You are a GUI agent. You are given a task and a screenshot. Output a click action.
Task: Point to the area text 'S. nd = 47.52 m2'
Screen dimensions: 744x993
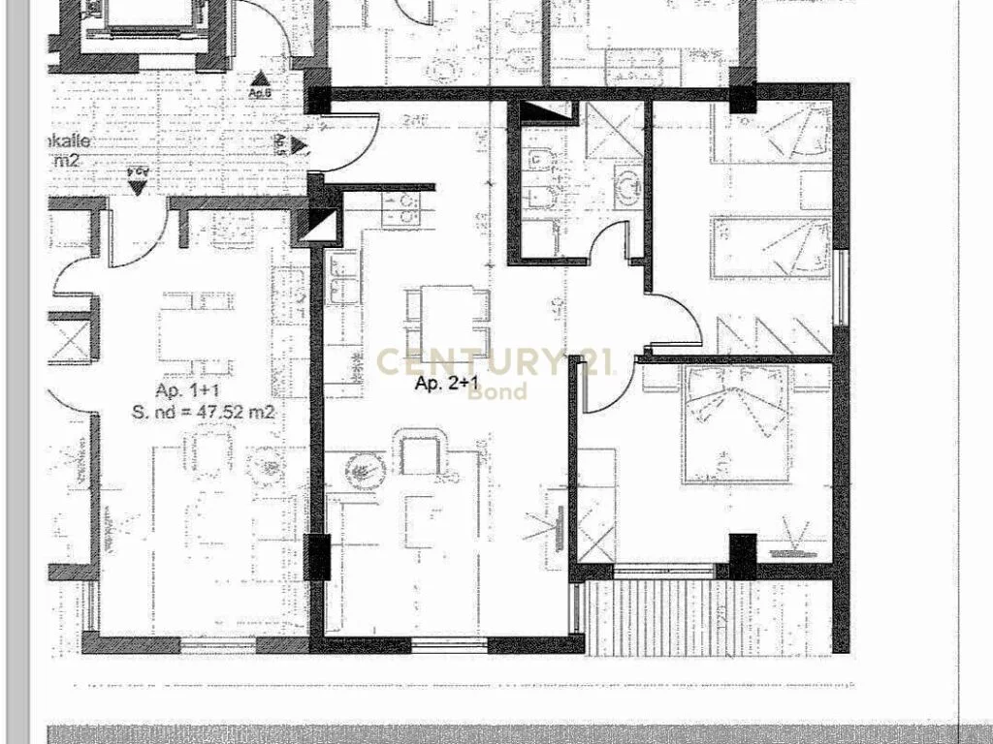tap(203, 413)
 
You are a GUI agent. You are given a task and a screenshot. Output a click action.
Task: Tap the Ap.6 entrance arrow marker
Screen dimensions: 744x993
tap(260, 80)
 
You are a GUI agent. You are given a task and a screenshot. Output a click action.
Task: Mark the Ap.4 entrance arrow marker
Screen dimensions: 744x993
tap(138, 185)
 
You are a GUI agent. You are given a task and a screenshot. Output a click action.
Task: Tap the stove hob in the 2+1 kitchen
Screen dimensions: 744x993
tap(400, 207)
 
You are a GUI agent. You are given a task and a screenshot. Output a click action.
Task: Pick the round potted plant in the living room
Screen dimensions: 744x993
tap(364, 471)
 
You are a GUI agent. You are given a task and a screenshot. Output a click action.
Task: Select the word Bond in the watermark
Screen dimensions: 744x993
tap(497, 390)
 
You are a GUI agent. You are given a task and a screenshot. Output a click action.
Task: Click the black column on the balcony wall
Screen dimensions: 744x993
tap(742, 556)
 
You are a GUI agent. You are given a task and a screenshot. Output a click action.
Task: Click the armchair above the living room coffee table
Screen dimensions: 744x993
tap(420, 453)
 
